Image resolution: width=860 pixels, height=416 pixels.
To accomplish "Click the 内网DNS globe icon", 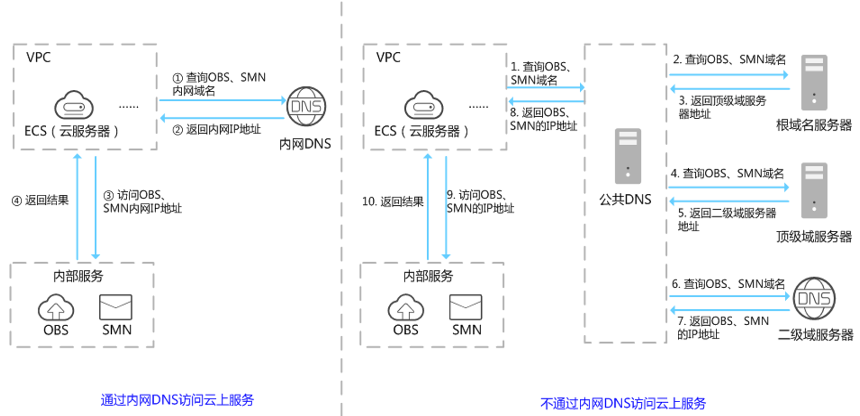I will (306, 106).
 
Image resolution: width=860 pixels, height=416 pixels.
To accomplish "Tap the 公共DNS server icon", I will (627, 156).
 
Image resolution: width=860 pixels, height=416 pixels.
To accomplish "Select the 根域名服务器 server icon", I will (814, 82).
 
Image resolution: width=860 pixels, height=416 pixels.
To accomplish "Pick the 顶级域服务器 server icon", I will (814, 190).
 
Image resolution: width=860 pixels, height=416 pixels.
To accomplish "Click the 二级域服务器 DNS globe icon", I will (814, 298).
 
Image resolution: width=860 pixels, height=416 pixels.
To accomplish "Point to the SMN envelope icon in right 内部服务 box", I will (465, 307).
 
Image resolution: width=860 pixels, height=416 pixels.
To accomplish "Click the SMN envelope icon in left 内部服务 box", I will (115, 307).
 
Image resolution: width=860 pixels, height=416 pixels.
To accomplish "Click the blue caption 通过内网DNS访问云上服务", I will (177, 400).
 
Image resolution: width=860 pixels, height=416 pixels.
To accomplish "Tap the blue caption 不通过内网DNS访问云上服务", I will (623, 403).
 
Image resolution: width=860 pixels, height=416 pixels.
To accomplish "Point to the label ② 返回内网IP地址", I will (217, 130).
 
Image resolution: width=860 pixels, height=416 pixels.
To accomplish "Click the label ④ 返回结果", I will (40, 200).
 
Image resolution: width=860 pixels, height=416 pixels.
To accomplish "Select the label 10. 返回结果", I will (392, 202).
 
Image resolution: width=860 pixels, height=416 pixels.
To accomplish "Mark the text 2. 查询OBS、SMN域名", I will (729, 60).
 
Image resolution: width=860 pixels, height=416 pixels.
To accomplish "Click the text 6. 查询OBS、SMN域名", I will (728, 284).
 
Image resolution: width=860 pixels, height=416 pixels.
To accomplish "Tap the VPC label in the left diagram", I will (38, 57).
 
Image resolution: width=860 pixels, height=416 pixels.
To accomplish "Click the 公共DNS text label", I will (625, 199).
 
